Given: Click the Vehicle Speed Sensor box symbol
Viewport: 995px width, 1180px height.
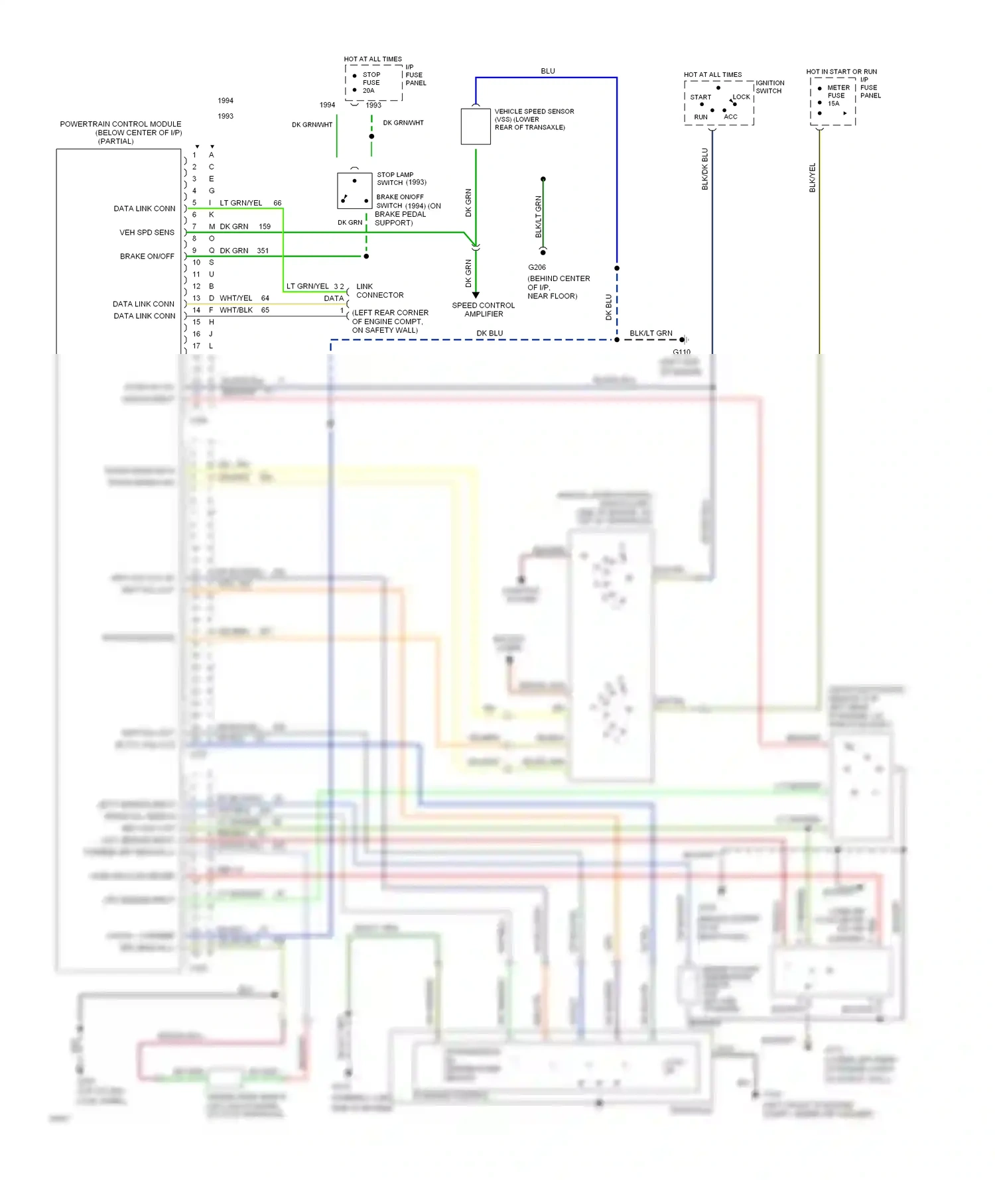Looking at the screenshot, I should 476,127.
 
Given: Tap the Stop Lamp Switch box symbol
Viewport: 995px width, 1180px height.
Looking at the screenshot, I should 354,191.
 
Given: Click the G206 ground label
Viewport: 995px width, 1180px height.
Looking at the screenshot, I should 537,267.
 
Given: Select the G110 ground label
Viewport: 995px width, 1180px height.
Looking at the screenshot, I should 681,352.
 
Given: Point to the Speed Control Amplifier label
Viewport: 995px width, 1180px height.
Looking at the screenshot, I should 484,310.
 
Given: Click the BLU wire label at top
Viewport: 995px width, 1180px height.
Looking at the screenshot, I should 548,71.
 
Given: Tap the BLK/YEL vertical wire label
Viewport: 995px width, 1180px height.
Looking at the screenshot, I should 813,178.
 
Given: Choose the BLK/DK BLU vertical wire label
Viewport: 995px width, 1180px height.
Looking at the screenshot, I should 705,169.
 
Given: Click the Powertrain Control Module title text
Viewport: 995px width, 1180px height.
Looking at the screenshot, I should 120,124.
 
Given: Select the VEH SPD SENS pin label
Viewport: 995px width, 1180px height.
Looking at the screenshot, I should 147,233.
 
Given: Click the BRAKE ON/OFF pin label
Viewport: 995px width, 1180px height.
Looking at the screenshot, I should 147,257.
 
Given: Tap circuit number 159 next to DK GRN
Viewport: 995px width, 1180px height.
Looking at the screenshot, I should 265,227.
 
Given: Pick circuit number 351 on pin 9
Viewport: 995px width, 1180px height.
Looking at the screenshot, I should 263,251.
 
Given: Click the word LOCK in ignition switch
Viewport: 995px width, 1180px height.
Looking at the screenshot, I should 742,97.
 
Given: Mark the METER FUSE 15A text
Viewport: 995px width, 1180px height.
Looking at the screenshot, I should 837,95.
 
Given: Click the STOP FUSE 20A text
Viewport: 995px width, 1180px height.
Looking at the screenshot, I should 371,83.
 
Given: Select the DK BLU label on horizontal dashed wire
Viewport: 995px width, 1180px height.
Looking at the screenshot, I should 490,333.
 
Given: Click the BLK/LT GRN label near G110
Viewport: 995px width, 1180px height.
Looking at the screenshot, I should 651,333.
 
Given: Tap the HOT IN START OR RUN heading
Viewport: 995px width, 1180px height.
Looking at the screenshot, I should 841,72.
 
